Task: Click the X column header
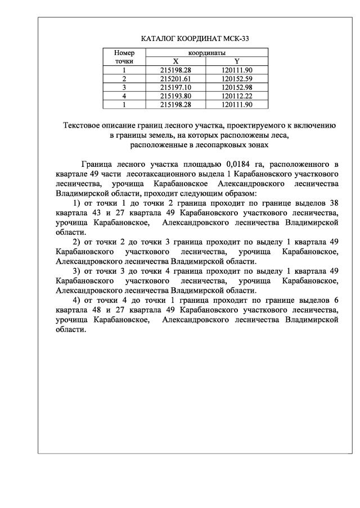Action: (x=175, y=61)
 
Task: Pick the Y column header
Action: (x=237, y=61)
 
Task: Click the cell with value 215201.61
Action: (x=175, y=79)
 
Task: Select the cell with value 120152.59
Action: (x=237, y=79)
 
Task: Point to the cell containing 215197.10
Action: (x=175, y=87)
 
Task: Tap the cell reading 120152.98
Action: (x=237, y=87)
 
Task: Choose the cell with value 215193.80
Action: (x=175, y=96)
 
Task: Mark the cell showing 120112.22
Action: (x=237, y=96)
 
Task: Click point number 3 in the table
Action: (x=124, y=87)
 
